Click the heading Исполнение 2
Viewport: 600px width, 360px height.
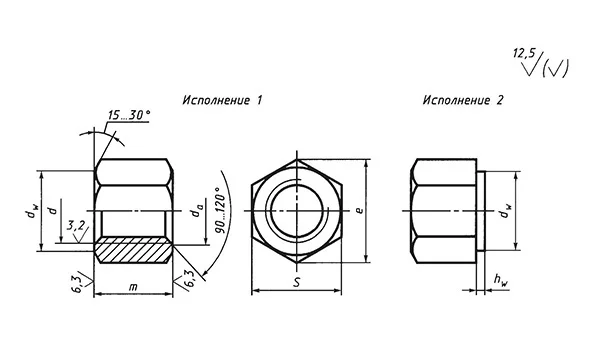point(463,101)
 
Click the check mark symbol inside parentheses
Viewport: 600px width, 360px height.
point(556,67)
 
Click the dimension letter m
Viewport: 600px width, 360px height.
point(133,287)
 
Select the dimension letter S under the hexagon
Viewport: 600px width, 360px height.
point(297,284)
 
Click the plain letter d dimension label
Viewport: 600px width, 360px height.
point(52,210)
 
